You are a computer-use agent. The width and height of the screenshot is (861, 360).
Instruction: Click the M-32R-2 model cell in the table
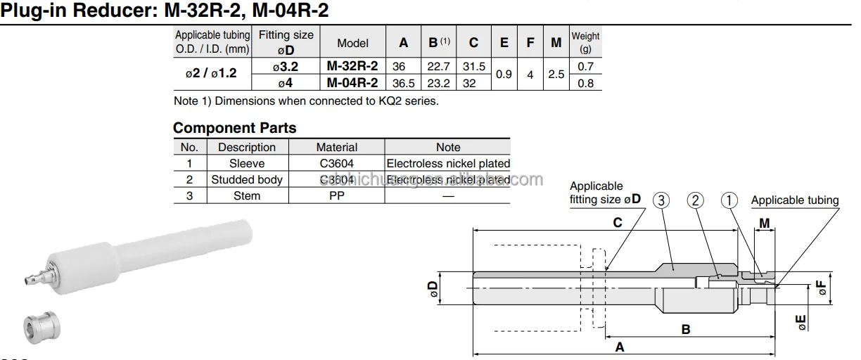[352, 66]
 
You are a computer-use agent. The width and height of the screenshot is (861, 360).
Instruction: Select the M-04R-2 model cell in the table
[352, 82]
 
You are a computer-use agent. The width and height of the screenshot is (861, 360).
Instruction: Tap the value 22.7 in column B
[439, 66]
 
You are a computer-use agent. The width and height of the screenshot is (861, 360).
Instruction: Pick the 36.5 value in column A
[403, 82]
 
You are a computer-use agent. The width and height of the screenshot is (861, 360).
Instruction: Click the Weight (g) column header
[585, 42]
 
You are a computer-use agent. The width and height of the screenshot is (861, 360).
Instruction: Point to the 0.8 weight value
[585, 82]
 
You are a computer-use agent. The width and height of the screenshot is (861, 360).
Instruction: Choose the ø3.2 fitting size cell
[286, 66]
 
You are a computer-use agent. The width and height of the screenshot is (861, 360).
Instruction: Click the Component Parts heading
[235, 128]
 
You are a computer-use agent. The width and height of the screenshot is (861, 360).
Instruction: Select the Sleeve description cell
[247, 163]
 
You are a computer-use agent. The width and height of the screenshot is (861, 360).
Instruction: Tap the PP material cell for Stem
[337, 195]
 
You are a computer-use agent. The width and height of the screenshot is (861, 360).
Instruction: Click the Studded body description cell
[247, 179]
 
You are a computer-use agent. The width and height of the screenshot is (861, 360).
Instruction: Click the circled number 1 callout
[729, 200]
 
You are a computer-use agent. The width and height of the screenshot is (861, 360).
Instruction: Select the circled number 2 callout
[695, 200]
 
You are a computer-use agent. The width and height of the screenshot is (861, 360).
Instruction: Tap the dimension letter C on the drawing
[618, 222]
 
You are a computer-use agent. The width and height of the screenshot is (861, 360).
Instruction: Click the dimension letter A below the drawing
[619, 347]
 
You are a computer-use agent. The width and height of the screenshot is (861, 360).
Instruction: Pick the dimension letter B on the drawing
[686, 328]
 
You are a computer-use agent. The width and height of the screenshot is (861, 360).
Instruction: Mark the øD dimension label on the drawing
[433, 288]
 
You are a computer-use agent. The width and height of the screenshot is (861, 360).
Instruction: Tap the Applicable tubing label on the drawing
[795, 200]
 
